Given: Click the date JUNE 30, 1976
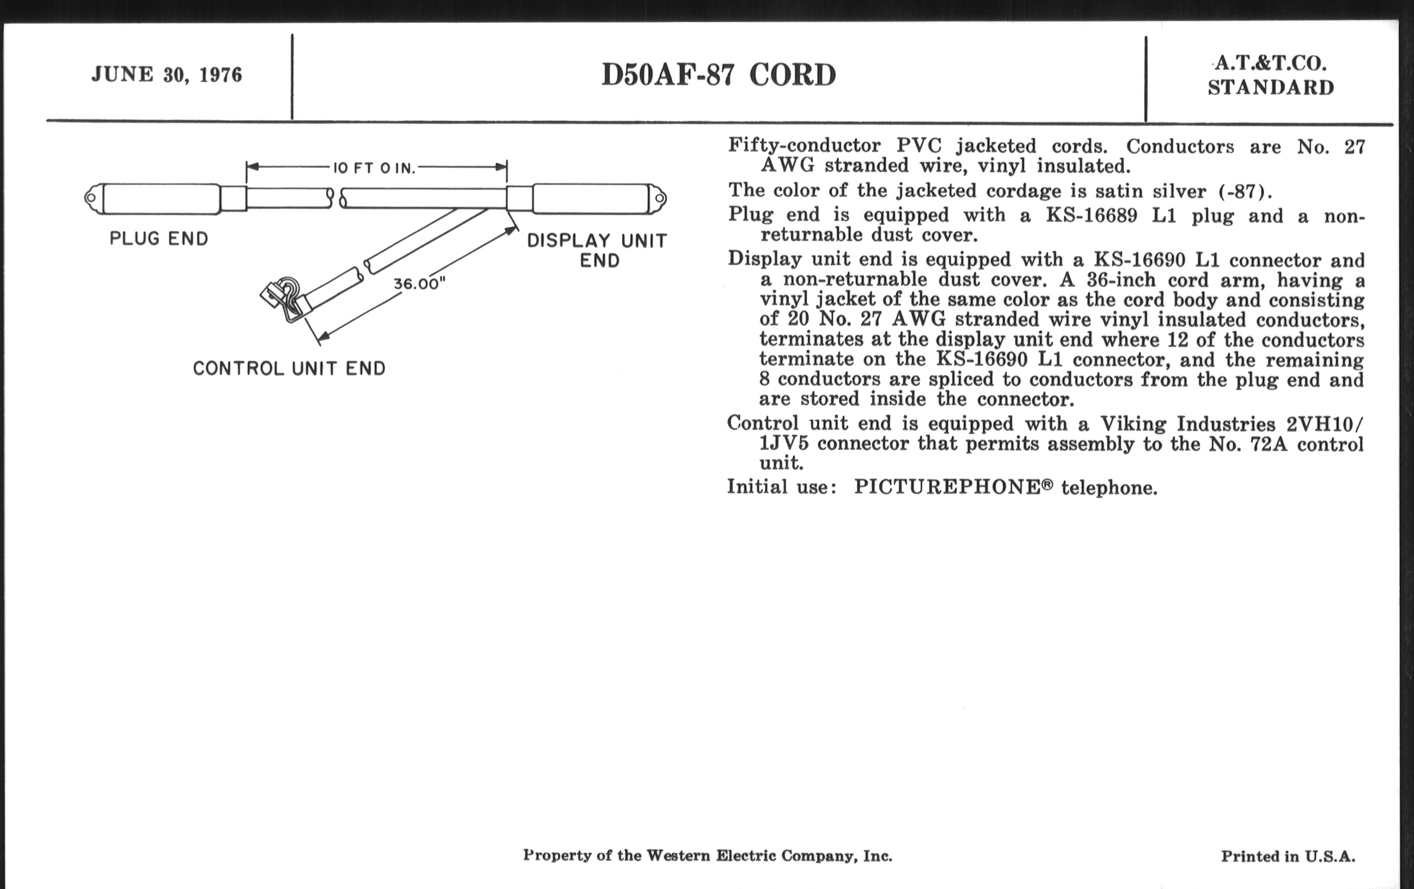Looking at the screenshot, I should (167, 75).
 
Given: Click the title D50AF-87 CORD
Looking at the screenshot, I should (719, 75).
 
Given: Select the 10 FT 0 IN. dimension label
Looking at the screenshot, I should (374, 169).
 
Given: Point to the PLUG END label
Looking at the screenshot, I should (159, 239).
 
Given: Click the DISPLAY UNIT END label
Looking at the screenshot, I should (597, 250).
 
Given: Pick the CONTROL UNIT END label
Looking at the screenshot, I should (289, 368).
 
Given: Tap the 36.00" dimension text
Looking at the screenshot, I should (419, 284).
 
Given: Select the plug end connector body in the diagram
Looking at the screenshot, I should (162, 198).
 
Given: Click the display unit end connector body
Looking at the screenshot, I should (590, 198).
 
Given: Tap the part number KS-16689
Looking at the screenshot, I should (1091, 216).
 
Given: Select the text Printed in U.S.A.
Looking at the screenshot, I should (1288, 856).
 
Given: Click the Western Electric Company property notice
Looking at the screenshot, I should (708, 855).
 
